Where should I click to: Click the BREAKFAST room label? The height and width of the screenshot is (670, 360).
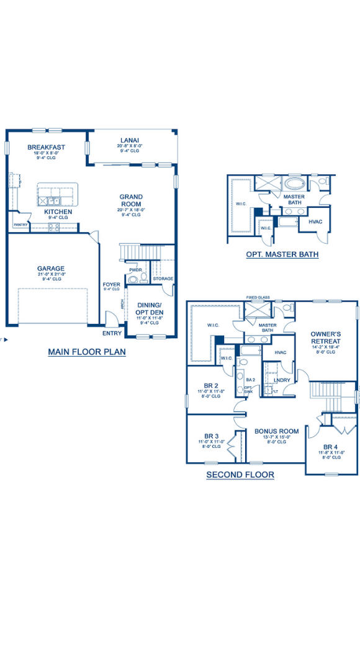tap(46, 147)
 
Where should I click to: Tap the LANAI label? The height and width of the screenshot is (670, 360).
tap(130, 140)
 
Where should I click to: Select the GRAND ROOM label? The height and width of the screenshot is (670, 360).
tap(131, 200)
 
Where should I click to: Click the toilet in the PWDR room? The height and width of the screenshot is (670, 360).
tap(132, 279)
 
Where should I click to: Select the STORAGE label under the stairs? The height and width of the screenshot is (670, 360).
tap(163, 279)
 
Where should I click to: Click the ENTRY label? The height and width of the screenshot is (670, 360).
tap(112, 333)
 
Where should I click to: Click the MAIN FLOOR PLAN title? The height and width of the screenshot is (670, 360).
tap(87, 352)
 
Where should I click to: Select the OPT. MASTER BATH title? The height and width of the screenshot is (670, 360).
tap(282, 254)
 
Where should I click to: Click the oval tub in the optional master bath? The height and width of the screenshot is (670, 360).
tap(294, 185)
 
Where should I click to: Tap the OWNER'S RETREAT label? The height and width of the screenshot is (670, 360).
tap(325, 337)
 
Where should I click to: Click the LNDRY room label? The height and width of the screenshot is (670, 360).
tap(282, 380)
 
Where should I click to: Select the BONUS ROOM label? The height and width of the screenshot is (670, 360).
tap(276, 431)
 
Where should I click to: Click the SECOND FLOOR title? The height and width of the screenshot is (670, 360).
tap(240, 475)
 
